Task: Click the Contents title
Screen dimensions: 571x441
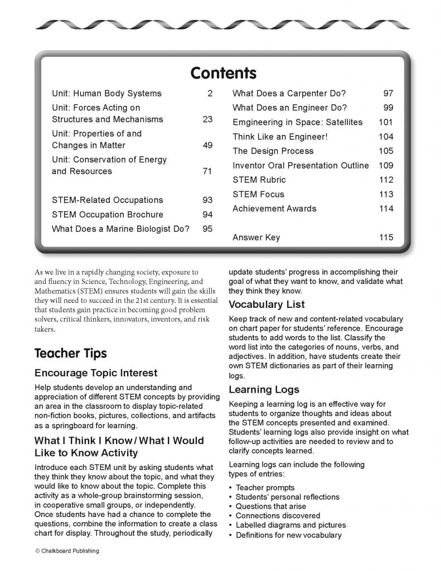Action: pos(223,73)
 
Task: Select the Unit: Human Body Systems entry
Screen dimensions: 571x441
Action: pos(106,94)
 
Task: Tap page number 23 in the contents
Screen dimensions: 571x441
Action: pos(207,119)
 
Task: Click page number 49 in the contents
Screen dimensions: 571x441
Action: pos(207,146)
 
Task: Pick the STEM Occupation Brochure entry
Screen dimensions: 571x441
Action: pos(108,215)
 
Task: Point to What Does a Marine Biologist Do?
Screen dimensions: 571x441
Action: pos(120,229)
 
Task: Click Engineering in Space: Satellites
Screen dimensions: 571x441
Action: pos(297,122)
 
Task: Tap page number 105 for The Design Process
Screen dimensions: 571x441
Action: pos(386,151)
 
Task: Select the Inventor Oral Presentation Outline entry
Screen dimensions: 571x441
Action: pos(301,166)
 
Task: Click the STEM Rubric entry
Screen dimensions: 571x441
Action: pos(259,180)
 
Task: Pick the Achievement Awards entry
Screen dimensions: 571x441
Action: pos(274,209)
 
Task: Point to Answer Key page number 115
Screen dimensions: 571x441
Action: pos(386,238)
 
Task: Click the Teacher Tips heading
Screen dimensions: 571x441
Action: pos(70,354)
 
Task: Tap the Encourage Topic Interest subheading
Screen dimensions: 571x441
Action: pos(96,372)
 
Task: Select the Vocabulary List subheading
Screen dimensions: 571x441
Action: pos(266,304)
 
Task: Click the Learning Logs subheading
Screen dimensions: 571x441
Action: pos(264,389)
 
